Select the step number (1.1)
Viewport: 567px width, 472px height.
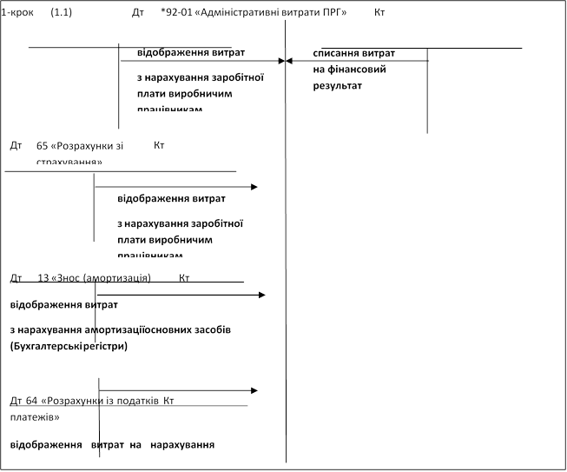pyautogui.click(x=62, y=15)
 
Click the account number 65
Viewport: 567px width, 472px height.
pyautogui.click(x=42, y=145)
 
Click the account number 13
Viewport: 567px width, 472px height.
pyautogui.click(x=44, y=278)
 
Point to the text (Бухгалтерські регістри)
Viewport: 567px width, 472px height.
pyautogui.click(x=69, y=346)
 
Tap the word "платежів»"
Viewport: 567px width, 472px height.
pyautogui.click(x=34, y=416)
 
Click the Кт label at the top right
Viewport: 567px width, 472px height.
pyautogui.click(x=379, y=15)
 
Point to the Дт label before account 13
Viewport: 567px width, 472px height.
pyautogui.click(x=15, y=278)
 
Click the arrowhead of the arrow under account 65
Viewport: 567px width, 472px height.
pyautogui.click(x=254, y=187)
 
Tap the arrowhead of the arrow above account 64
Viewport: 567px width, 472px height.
pyautogui.click(x=254, y=390)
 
